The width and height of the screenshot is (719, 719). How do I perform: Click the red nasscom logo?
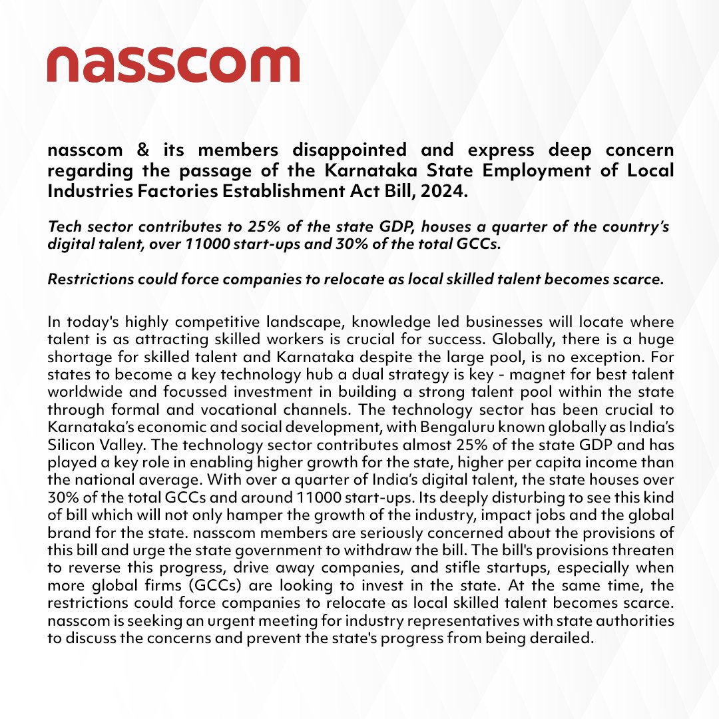173,64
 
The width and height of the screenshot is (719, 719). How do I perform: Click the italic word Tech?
63,226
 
